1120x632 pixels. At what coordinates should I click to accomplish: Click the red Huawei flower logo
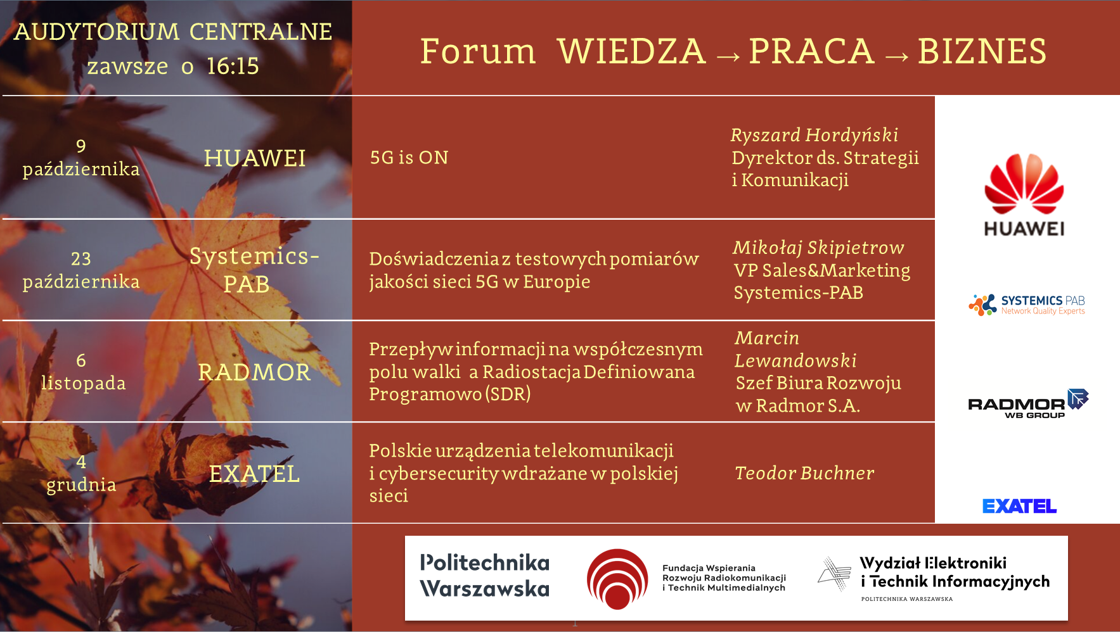click(x=1024, y=183)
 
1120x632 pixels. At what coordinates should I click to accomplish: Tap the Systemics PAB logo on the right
click(x=1027, y=305)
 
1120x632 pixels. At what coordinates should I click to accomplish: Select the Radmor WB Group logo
click(x=1028, y=403)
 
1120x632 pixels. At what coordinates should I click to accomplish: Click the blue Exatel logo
click(x=1019, y=506)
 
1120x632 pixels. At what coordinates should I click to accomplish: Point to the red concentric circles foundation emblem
click(x=617, y=579)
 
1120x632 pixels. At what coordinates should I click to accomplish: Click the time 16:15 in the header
click(x=233, y=66)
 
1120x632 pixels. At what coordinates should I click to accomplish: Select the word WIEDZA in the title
click(x=631, y=51)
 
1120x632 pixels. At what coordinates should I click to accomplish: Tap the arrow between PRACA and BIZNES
click(x=897, y=57)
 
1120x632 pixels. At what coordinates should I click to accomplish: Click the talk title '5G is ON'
click(x=409, y=157)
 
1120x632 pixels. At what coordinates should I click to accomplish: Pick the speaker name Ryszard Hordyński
click(x=814, y=135)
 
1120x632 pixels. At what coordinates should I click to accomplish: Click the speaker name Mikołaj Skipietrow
click(x=818, y=248)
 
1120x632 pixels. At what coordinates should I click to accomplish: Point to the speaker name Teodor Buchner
click(x=804, y=473)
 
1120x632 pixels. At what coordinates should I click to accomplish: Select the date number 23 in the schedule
click(x=81, y=258)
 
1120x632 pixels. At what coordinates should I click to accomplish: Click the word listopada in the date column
click(x=83, y=383)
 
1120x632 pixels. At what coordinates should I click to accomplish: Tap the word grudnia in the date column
click(x=81, y=484)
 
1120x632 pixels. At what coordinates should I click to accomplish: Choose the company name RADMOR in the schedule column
click(x=254, y=372)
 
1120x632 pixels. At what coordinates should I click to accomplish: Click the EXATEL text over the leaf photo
click(x=254, y=474)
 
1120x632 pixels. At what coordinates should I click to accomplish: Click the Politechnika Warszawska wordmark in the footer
click(x=485, y=576)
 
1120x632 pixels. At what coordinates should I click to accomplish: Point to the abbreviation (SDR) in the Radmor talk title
click(x=508, y=394)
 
